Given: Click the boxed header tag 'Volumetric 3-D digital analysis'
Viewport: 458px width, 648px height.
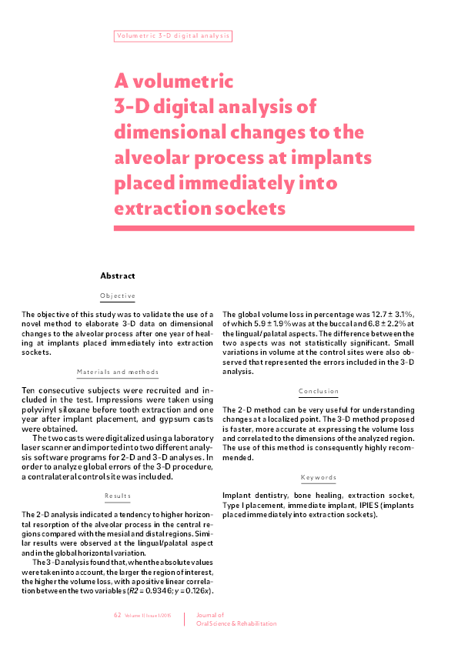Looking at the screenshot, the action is tap(172, 36).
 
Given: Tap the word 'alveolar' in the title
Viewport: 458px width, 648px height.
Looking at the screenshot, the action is tap(154, 158).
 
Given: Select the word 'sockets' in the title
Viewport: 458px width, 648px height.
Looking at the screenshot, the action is tap(248, 209).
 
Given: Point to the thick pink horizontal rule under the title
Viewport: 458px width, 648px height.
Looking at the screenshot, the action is tap(264, 229).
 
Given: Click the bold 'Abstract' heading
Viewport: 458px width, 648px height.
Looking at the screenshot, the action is tap(118, 275).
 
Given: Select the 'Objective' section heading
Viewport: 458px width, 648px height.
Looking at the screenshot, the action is tap(118, 296).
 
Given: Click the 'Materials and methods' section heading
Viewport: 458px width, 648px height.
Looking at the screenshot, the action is tap(118, 372).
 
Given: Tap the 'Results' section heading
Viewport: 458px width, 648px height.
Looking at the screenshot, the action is tap(118, 495).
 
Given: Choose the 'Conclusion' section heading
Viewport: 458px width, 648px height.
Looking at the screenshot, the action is tap(319, 391).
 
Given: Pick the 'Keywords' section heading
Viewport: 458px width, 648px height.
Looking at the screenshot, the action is tap(319, 477).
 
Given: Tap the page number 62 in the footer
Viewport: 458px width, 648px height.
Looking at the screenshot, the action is tap(118, 616).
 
